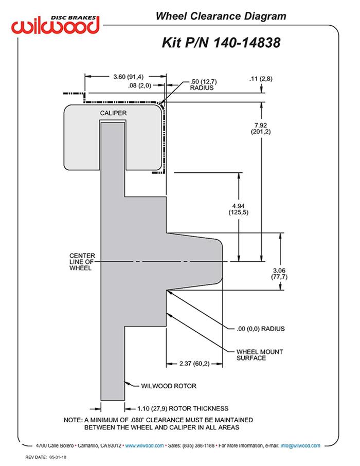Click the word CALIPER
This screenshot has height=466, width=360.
[113, 113]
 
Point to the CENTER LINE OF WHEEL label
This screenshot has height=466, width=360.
[81, 261]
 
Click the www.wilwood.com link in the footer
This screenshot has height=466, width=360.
[145, 445]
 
